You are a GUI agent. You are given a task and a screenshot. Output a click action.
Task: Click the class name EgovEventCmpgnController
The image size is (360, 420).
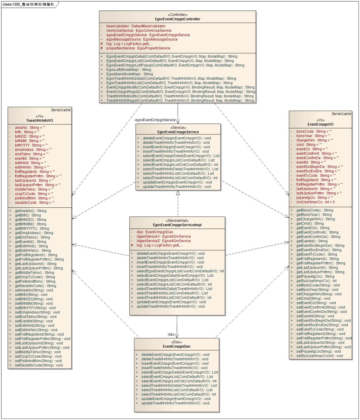click(177, 19)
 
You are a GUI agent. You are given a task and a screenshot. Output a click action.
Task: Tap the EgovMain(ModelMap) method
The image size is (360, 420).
click(129, 74)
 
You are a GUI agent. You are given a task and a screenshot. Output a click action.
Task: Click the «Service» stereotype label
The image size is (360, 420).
click(178, 128)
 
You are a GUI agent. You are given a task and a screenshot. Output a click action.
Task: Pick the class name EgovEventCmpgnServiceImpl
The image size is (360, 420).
click(177, 225)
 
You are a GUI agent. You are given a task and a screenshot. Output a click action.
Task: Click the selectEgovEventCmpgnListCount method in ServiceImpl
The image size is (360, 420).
click(180, 271)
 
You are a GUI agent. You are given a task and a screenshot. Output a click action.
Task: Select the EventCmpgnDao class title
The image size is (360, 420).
click(176, 346)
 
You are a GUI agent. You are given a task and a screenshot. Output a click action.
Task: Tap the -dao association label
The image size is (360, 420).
click(171, 334)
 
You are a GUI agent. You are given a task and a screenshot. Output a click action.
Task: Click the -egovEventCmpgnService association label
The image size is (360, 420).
click(155, 120)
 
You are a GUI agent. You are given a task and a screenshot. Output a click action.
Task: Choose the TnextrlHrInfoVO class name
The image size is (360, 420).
click(39, 121)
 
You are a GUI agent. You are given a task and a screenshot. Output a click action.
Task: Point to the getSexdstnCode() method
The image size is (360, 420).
click(35, 286)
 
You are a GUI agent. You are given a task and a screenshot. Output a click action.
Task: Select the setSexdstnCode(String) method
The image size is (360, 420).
click(39, 365)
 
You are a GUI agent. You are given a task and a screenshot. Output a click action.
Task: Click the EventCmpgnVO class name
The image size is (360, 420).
click(320, 124)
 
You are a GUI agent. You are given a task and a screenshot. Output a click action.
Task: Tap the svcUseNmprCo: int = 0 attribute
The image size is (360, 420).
click(315, 202)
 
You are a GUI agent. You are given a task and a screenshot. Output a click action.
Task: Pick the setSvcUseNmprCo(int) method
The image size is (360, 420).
click(319, 356)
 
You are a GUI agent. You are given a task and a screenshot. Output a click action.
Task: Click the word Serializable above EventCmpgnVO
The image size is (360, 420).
click(341, 114)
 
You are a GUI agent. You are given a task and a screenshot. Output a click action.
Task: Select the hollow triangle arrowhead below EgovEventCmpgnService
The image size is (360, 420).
click(178, 193)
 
